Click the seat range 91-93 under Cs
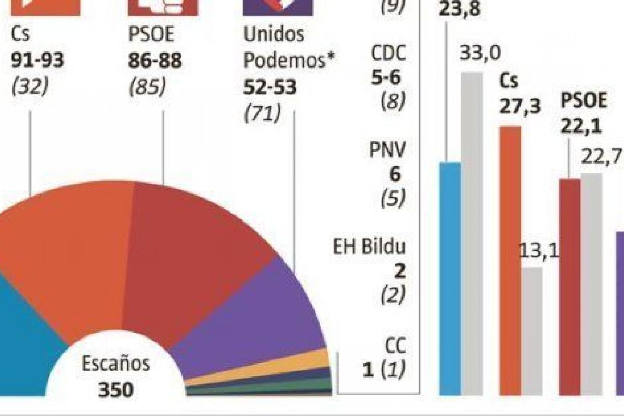pyautogui.click(x=37, y=61)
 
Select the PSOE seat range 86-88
pyautogui.click(x=155, y=61)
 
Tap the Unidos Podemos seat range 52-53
pyautogui.click(x=270, y=87)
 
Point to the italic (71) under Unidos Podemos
pyautogui.click(x=262, y=113)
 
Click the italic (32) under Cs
pyautogui.click(x=29, y=87)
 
